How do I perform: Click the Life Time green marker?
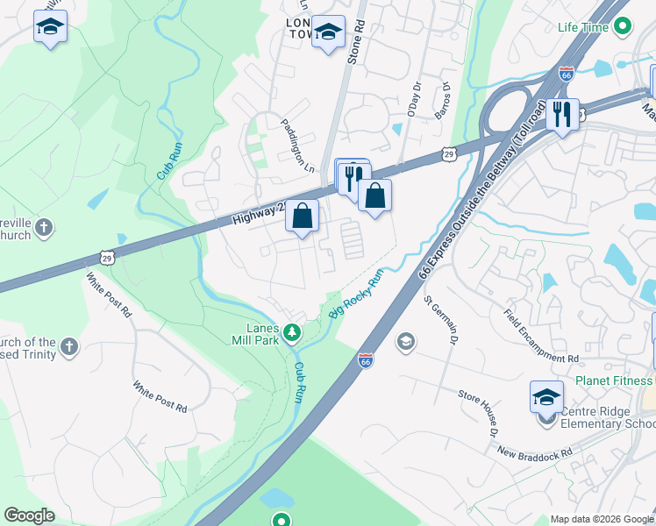pos(623,27)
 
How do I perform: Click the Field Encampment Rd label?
pos(541,336)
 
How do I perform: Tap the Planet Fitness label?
pos(615,380)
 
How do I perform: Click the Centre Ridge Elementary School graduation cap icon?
pos(546,397)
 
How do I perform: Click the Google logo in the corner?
pos(29,515)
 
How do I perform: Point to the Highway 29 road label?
pos(260,210)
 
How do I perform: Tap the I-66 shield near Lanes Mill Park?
pos(366,360)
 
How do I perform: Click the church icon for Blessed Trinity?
pos(69,348)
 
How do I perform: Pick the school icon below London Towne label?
pos(329,33)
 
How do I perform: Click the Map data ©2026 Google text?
pos(602,519)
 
